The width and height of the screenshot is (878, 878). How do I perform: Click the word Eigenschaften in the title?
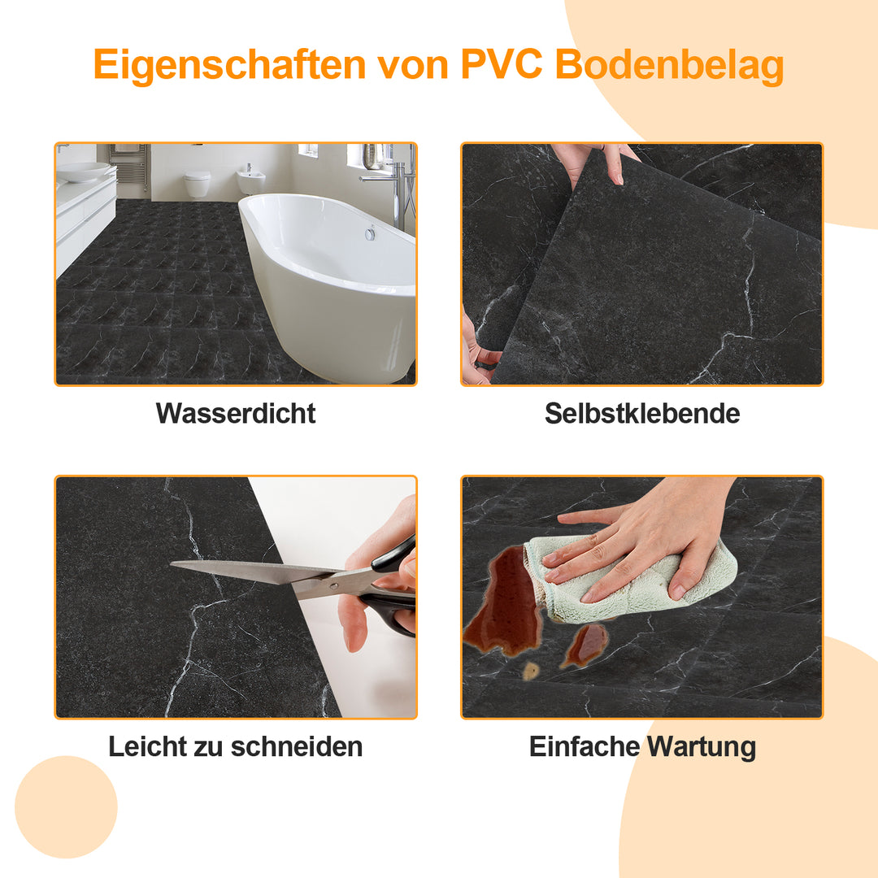229,65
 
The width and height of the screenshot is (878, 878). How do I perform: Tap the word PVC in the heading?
502,65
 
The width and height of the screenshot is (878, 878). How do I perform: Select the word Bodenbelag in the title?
669,65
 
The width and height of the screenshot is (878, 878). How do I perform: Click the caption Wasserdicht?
236,413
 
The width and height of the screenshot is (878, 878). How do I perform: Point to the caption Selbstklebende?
642,413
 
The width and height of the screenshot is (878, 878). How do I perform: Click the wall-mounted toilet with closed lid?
197,183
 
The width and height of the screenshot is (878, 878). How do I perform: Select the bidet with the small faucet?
250,180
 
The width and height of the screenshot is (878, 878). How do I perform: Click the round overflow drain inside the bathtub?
370,233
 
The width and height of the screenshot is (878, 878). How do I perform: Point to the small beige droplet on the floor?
530,671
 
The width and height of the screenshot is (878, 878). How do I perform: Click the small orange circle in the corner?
67,806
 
